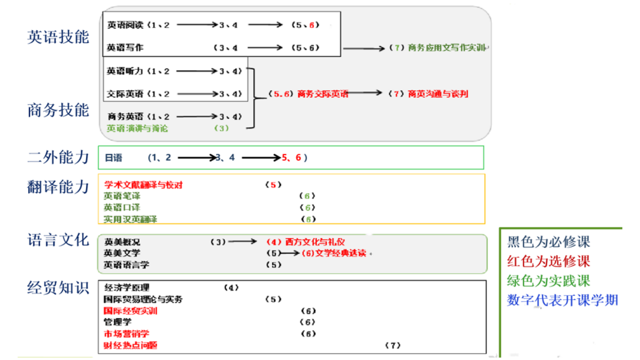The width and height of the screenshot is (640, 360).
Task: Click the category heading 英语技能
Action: (58, 37)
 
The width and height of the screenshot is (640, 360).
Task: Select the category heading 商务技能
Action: (58, 110)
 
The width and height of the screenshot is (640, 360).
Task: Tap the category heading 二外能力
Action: (58, 157)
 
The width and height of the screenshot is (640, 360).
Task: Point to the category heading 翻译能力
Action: (58, 187)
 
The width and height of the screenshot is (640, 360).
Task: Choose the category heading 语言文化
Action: (58, 240)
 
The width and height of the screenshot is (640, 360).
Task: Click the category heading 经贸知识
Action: (58, 288)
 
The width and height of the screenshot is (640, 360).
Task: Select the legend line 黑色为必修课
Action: (548, 242)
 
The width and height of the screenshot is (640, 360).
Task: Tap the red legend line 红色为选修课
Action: (548, 261)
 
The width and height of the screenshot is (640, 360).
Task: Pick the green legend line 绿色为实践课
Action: (548, 281)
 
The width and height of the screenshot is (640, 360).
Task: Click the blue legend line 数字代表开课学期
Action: (562, 300)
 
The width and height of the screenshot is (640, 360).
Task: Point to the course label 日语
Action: (113, 158)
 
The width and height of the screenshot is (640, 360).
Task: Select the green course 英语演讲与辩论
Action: (137, 128)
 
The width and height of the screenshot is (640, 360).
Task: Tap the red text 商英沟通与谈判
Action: (438, 94)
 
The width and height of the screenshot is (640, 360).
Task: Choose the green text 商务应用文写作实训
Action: (447, 48)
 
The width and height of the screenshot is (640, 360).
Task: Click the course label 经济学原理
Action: (127, 288)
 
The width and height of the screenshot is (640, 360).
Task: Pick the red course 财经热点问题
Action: (130, 345)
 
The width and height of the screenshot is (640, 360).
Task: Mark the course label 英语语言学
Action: (126, 265)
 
